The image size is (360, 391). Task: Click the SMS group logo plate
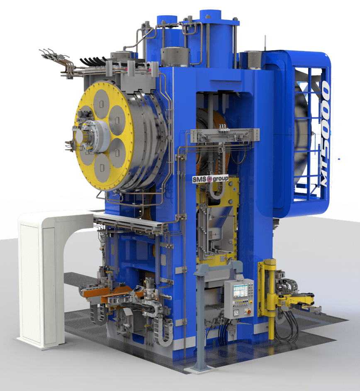[x=210, y=179]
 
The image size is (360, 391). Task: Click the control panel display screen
[x=240, y=291]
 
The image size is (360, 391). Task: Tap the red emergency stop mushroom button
[x=248, y=311]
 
